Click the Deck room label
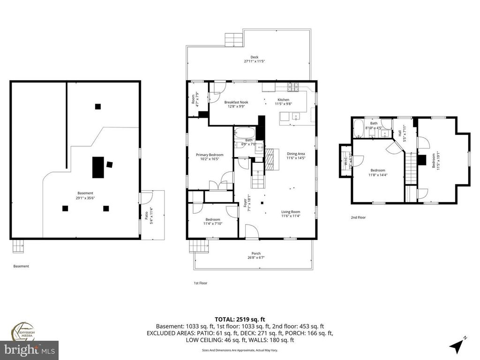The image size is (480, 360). tap(254, 57)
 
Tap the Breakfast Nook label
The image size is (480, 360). tap(236, 102)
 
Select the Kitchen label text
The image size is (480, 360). tap(283, 100)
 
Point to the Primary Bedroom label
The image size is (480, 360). tap(210, 155)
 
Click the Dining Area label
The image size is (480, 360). tap(296, 154)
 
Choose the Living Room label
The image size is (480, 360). tap(291, 211)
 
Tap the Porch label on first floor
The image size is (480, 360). tap(256, 254)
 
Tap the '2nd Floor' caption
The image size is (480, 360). tap(358, 217)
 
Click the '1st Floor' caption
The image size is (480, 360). tap(200, 283)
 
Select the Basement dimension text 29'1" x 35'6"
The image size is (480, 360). tap(85, 198)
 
